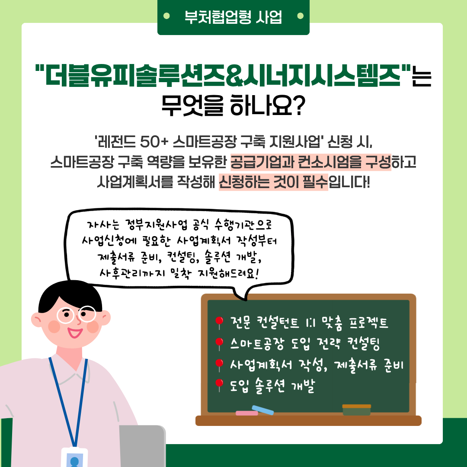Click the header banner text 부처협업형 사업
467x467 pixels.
233,17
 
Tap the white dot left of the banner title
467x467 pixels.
166,16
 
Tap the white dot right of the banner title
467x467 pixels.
300,16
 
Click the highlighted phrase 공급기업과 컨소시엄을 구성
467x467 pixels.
310,162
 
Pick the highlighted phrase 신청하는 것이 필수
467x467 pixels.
273,182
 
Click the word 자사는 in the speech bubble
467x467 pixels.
102,225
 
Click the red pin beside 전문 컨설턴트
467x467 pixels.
219,322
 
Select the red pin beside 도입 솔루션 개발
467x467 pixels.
219,384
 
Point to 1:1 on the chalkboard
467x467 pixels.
310,323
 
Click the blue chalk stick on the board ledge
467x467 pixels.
263,410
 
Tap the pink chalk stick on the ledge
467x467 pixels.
246,413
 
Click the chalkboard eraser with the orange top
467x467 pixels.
356,410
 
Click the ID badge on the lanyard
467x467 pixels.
74,457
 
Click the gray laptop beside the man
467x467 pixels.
142,446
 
